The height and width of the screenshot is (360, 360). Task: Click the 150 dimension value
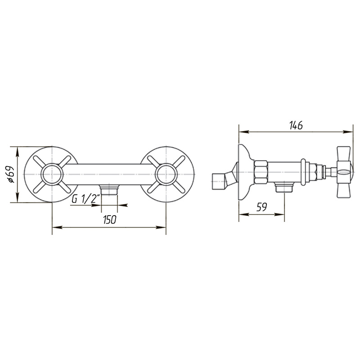point(110,220)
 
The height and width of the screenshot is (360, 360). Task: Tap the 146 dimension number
point(296,125)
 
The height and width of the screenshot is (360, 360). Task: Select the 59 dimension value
point(261,207)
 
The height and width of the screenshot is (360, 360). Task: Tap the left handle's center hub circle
point(52,174)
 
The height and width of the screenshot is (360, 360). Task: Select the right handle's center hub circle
point(166,174)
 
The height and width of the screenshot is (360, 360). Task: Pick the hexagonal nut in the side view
point(261,172)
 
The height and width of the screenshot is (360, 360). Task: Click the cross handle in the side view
point(344,172)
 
